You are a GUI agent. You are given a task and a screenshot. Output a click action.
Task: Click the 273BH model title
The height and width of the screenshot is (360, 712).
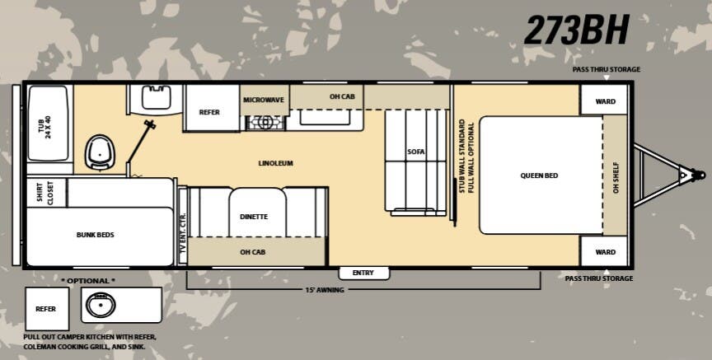576,30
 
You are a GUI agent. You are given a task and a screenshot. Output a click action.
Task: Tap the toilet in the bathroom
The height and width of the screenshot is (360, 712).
100,151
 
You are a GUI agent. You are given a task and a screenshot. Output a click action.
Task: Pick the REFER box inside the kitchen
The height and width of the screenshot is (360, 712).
209,112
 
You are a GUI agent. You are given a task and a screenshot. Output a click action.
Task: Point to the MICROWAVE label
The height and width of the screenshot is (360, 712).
264,100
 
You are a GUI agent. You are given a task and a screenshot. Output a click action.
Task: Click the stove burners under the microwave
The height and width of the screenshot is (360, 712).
265,123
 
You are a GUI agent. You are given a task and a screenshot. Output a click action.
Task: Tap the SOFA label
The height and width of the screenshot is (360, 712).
415,152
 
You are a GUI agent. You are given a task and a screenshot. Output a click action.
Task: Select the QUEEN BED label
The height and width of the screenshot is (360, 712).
540,175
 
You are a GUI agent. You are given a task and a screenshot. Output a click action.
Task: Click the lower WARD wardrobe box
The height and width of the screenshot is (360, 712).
605,252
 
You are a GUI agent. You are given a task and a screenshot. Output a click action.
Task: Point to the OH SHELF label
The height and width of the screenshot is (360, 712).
616,175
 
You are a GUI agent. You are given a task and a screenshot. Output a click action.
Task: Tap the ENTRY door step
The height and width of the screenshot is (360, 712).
363,273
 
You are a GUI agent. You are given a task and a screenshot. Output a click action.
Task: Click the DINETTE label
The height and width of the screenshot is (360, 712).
254,217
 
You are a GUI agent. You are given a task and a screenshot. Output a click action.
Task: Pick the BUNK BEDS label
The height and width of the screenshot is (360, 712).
95,235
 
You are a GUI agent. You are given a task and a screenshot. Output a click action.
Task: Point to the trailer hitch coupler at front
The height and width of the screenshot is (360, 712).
687,175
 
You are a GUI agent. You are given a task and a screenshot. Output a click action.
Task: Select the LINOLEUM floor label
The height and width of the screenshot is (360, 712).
274,163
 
